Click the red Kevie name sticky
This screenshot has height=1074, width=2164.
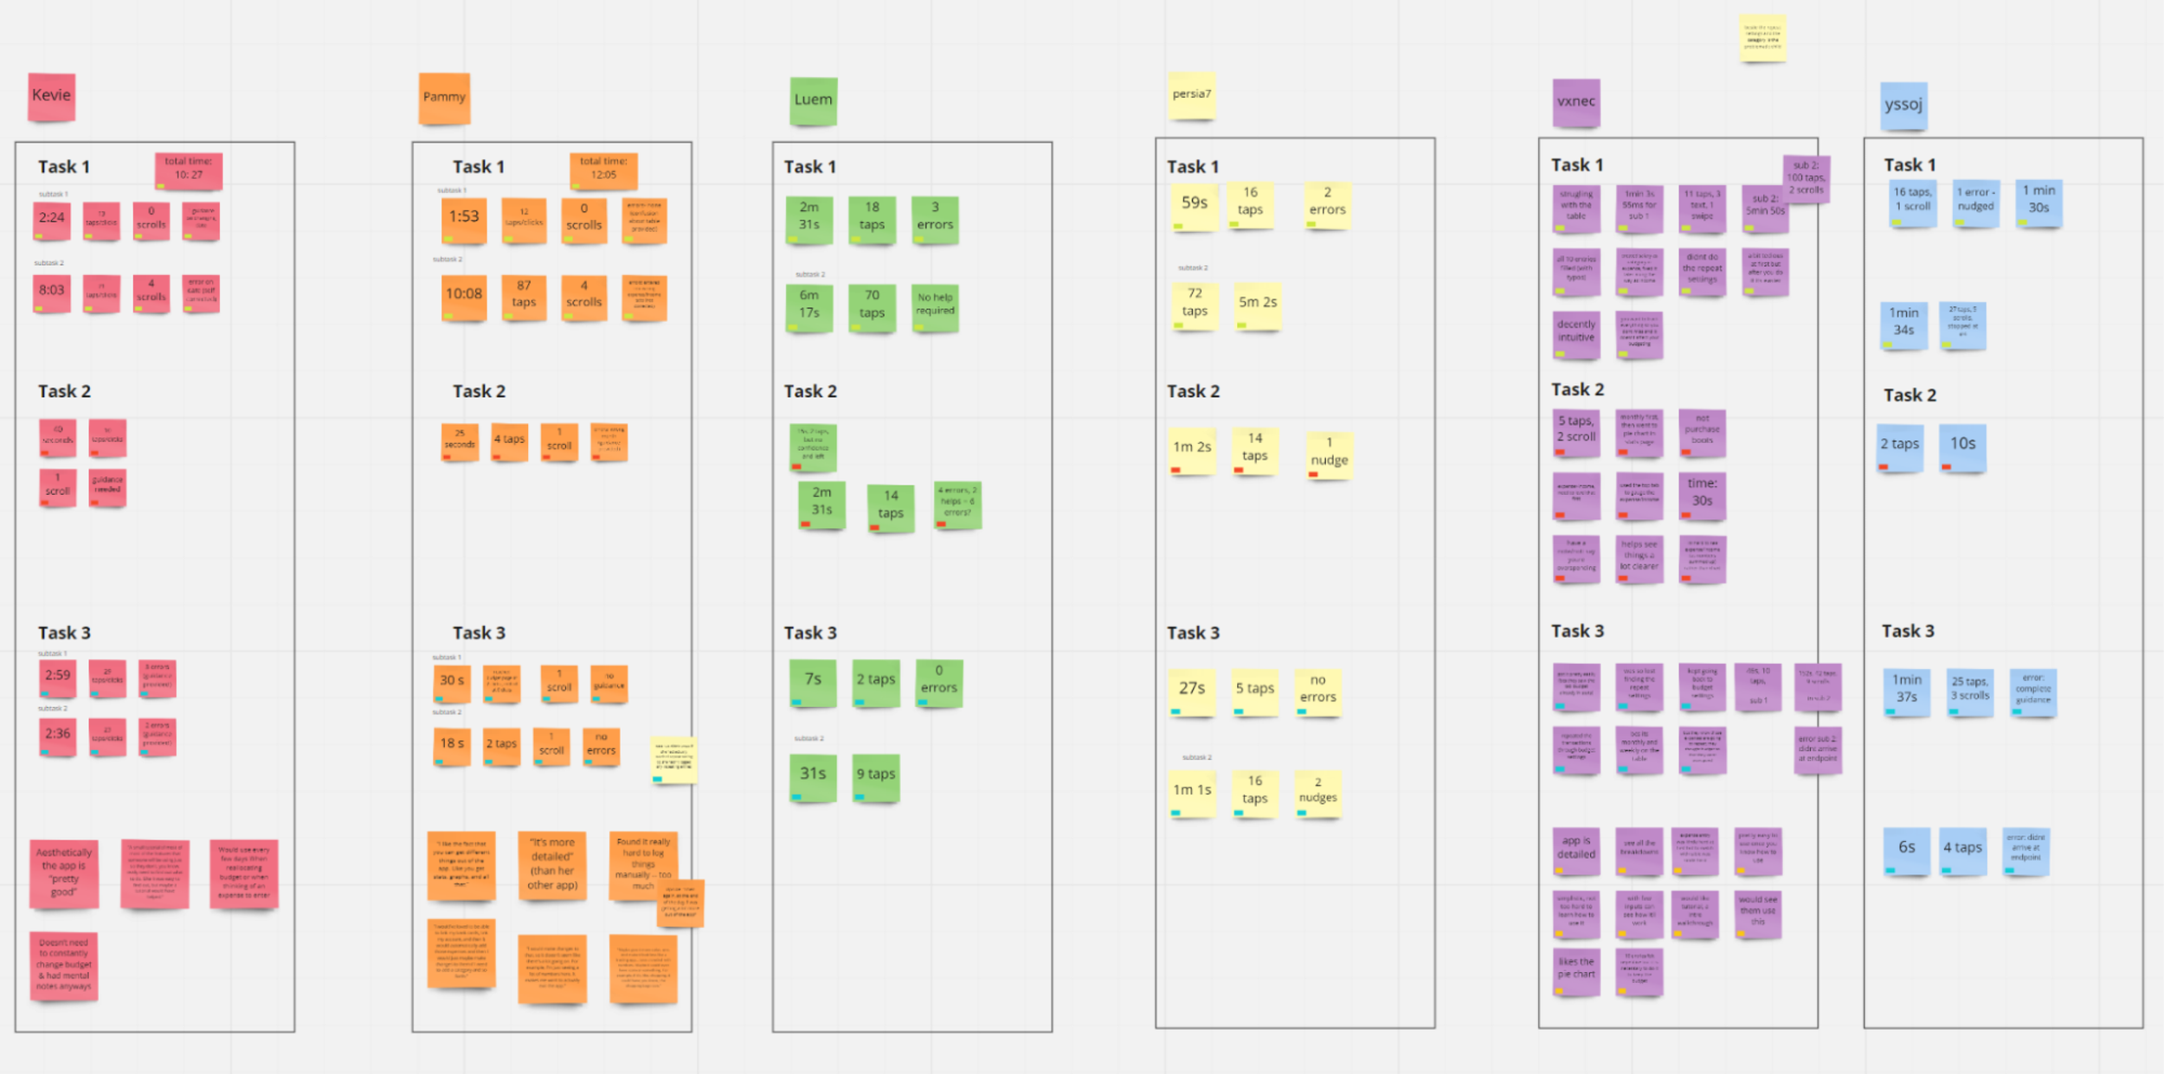[51, 96]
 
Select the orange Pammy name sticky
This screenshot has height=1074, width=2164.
[444, 98]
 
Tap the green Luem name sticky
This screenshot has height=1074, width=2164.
[813, 100]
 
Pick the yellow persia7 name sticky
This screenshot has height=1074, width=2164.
[1192, 95]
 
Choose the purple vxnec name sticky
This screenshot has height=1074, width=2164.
[1575, 102]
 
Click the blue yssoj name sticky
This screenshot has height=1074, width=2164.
[1903, 106]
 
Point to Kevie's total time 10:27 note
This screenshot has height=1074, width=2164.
[189, 170]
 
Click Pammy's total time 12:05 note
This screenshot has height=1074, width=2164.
[603, 170]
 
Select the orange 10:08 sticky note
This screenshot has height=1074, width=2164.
[464, 296]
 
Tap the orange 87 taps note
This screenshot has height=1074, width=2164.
[524, 296]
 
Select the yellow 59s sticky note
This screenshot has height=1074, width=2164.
[1195, 205]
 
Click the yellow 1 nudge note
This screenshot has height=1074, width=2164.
[1329, 454]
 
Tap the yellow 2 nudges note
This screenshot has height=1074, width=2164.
[1317, 792]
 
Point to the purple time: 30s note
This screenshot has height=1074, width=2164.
[1702, 494]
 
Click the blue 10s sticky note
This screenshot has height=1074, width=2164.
[1962, 446]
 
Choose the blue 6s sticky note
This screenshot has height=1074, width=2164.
[1906, 849]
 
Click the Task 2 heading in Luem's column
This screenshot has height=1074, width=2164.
[810, 391]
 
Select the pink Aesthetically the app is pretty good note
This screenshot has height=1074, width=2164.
[64, 873]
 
